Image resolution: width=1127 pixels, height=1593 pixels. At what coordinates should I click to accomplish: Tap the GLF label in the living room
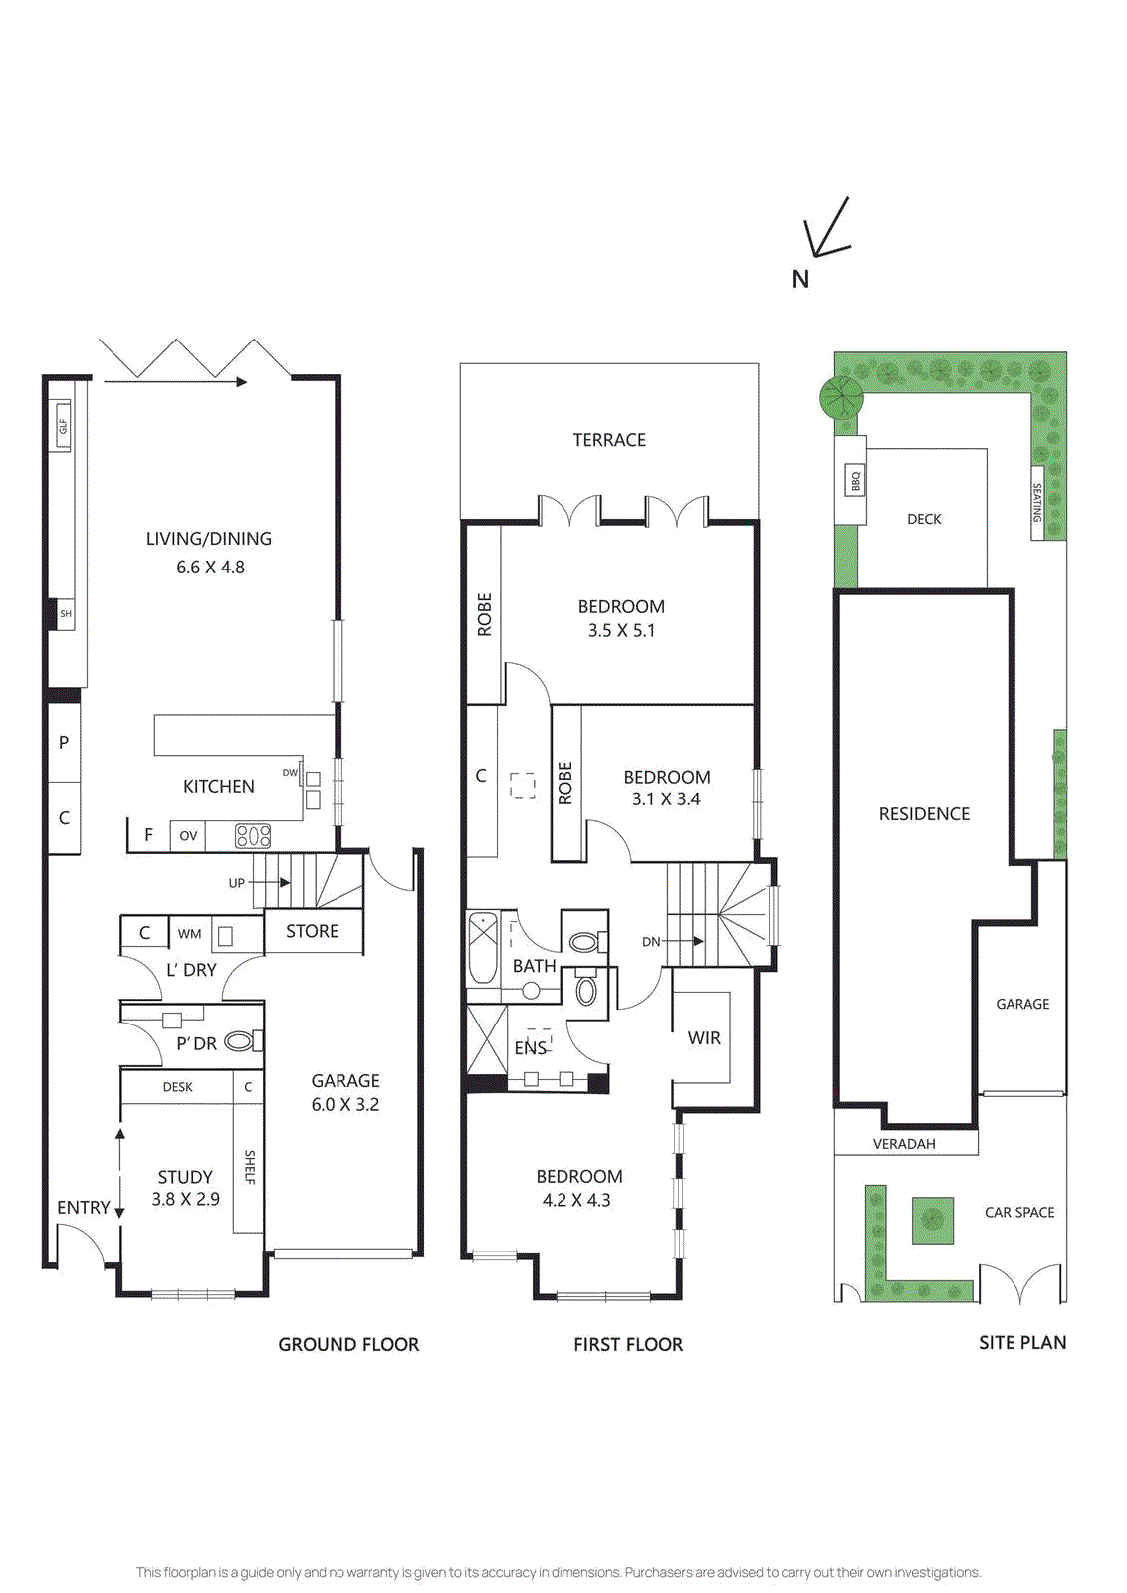point(63,425)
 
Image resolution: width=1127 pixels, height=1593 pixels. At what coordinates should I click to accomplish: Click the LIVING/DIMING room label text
point(209,539)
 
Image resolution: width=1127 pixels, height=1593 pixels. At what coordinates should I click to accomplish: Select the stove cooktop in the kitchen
point(253,836)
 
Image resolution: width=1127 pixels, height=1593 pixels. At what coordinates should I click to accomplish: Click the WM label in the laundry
point(189,934)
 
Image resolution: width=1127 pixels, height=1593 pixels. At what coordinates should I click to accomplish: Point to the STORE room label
point(312,931)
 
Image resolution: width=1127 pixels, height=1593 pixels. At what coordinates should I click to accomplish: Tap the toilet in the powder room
point(240,1041)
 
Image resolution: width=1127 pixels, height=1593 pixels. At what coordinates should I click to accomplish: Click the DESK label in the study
point(178,1087)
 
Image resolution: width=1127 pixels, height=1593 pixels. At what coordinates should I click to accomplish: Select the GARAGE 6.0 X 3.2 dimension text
point(344,1104)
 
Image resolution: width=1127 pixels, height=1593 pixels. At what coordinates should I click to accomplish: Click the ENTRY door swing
point(80,1245)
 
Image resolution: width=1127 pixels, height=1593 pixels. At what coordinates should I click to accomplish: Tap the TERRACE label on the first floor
point(609,440)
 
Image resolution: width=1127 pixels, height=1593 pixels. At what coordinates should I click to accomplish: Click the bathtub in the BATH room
point(483,947)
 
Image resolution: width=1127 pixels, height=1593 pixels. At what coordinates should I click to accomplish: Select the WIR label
point(704,1038)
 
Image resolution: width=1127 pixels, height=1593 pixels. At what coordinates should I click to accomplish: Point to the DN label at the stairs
point(651,942)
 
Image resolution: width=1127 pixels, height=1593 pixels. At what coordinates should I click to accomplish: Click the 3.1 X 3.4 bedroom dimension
point(666,799)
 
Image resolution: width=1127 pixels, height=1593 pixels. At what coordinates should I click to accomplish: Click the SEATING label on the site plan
point(1036,503)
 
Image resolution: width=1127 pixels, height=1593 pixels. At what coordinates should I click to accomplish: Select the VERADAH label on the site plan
point(904,1144)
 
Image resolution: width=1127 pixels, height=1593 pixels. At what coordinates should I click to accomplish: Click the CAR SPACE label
point(1019,1212)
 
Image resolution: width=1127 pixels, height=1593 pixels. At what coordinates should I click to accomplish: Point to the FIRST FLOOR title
point(628,1344)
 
